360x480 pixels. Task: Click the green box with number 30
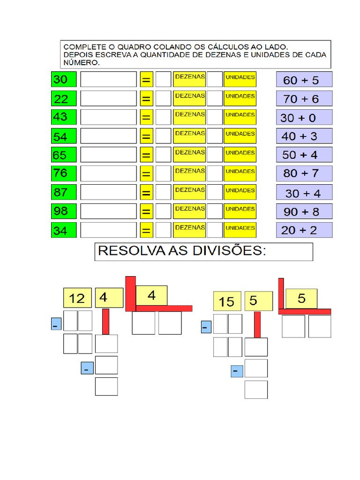coord(63,80)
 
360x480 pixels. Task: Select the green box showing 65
coord(63,155)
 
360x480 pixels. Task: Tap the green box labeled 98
coord(63,211)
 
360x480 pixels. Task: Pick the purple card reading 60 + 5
coord(304,80)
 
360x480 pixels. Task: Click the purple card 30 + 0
coord(304,117)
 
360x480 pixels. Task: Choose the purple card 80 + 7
coord(304,173)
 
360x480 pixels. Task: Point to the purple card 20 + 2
coord(304,230)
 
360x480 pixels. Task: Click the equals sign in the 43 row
coord(146,117)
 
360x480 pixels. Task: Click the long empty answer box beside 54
coord(108,136)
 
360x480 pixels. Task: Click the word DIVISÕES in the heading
coord(229,251)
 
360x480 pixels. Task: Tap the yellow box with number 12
coord(77,298)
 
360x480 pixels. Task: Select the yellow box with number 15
coord(227,301)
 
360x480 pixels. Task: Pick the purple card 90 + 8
coord(304,211)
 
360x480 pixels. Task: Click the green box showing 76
coord(63,173)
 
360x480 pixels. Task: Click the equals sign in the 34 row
coord(146,230)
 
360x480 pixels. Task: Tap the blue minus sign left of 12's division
coord(56,324)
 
